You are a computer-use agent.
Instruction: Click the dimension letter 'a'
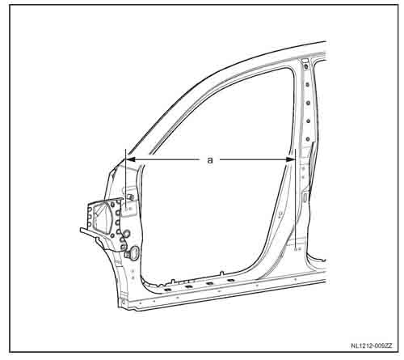(210, 160)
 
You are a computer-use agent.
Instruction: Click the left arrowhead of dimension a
(131, 159)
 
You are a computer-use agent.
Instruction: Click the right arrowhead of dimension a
(291, 159)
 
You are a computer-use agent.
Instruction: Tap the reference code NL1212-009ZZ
(372, 345)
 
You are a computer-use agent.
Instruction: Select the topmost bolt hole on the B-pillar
(305, 66)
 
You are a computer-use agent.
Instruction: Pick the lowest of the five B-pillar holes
(308, 139)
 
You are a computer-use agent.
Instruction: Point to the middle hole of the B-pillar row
(309, 103)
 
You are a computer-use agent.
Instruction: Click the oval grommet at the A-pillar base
(133, 253)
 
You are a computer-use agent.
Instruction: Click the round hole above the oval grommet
(127, 234)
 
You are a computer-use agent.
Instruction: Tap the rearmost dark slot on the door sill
(231, 281)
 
